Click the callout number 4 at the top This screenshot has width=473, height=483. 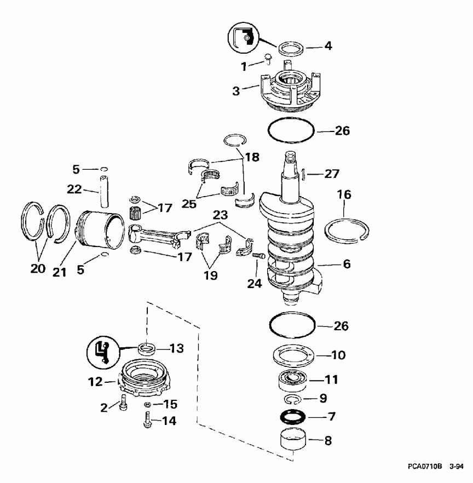point(328,45)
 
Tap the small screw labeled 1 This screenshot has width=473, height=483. point(268,58)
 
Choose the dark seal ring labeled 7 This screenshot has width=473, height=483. point(292,417)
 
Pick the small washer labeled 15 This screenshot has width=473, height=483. point(148,405)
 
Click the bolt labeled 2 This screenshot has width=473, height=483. point(122,406)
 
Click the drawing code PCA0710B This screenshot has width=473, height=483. point(425,467)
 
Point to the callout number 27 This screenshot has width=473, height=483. point(331,174)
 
